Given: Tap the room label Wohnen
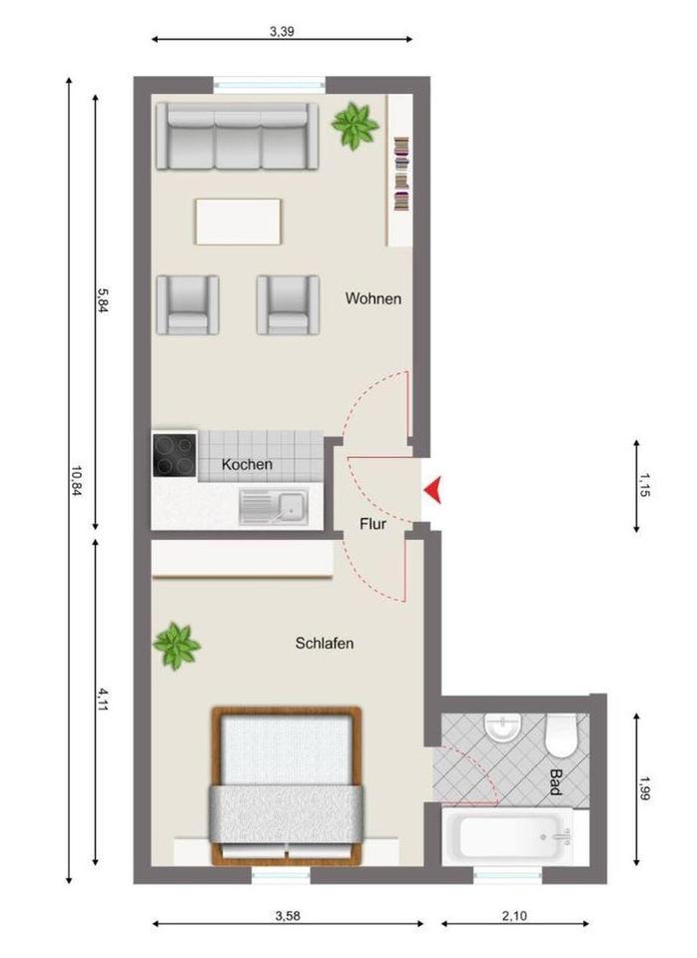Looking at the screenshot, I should [x=373, y=298].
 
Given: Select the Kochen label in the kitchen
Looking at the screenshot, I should [x=247, y=464].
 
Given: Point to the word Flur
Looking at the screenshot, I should [x=373, y=523].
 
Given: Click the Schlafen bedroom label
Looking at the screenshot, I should [x=325, y=644].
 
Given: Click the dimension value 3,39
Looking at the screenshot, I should [x=283, y=31].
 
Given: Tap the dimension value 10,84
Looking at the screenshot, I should [x=76, y=483].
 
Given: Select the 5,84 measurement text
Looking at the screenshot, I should [x=102, y=299].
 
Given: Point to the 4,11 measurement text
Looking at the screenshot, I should [x=102, y=699].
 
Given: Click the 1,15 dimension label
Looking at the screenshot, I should [x=644, y=486].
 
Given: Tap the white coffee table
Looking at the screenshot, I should [x=239, y=221].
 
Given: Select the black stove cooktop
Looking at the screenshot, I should [x=174, y=454].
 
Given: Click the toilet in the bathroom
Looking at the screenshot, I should [x=560, y=734].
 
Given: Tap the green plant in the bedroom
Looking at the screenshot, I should [x=177, y=645].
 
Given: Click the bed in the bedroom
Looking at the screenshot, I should [x=286, y=783].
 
